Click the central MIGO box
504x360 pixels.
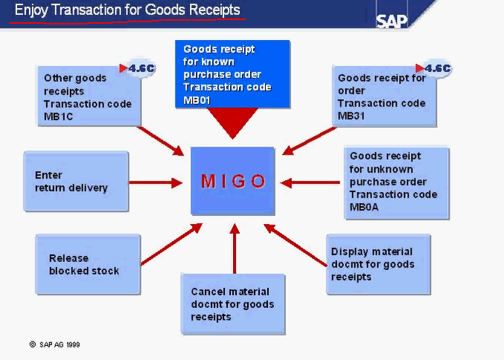233,181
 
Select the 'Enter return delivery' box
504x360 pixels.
76,181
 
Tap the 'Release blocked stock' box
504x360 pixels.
87,264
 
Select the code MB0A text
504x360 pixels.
364,207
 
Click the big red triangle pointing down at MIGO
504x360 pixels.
233,123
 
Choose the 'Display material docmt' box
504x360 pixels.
378,264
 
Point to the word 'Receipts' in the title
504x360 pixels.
214,10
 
